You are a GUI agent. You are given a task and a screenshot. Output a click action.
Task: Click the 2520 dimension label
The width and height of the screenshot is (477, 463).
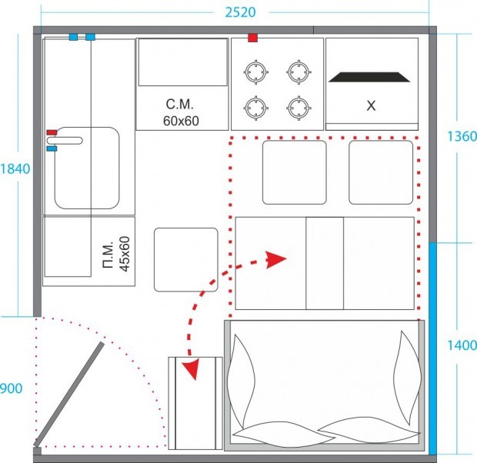point(240,12)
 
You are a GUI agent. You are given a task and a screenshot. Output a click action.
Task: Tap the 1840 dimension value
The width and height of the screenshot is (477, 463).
point(15,169)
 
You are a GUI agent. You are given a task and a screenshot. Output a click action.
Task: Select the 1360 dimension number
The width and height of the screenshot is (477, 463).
point(462,136)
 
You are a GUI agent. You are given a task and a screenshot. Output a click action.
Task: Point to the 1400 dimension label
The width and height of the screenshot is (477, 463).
point(462,345)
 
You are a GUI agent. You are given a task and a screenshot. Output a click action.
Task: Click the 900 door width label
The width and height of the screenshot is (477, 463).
point(11,388)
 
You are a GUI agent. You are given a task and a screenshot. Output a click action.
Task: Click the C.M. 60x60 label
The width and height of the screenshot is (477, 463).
point(181,112)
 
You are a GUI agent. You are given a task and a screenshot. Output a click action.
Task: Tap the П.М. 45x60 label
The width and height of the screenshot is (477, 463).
point(116,254)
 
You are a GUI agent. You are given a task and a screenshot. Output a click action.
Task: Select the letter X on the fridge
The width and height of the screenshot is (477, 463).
point(371,105)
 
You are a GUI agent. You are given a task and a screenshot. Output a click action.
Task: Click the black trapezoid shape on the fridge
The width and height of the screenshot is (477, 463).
point(369,77)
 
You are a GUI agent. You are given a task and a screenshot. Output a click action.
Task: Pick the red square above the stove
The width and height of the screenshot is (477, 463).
point(253,38)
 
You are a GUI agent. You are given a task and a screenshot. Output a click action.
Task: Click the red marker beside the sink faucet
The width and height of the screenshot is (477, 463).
point(52,132)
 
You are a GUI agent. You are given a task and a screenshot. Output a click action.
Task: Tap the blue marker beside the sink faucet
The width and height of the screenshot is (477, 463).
point(52,148)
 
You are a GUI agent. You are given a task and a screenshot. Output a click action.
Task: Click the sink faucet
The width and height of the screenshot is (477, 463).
point(65,141)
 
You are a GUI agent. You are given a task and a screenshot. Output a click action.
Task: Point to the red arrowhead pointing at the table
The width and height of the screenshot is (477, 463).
point(275,259)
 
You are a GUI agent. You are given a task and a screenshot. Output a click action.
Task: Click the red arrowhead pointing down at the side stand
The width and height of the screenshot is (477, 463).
point(191,369)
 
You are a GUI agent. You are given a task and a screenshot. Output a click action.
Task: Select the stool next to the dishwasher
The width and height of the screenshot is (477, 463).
point(186,260)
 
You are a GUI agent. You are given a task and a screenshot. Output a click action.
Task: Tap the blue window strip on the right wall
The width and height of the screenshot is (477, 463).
point(432,348)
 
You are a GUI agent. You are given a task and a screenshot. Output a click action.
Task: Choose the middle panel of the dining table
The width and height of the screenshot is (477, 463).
point(325,263)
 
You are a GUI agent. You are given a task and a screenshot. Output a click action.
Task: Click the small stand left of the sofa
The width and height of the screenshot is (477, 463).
point(195,403)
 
